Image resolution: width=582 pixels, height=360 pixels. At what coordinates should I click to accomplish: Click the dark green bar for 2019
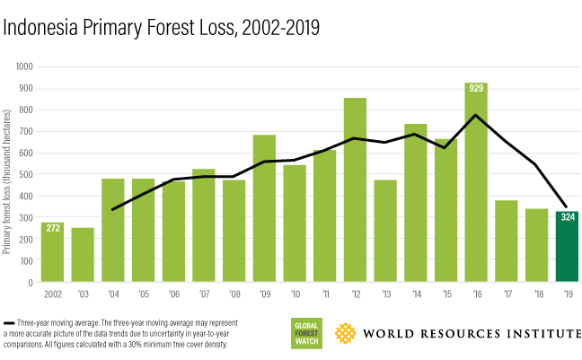pyautogui.click(x=566, y=247)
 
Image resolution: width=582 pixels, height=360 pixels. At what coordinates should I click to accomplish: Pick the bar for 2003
pyautogui.click(x=83, y=255)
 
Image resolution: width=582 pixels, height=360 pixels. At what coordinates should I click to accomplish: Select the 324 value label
pyautogui.click(x=566, y=218)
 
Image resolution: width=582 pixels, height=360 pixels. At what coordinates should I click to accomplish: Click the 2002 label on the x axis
pyautogui.click(x=53, y=294)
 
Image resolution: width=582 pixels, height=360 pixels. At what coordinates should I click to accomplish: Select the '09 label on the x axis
pyautogui.click(x=264, y=294)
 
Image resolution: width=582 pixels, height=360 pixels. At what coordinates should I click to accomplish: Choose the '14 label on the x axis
pyautogui.click(x=415, y=294)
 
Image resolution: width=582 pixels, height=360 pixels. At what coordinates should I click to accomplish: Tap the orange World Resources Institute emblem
pyautogui.click(x=345, y=334)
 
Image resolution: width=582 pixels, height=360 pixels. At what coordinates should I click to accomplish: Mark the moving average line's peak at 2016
pyautogui.click(x=475, y=115)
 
